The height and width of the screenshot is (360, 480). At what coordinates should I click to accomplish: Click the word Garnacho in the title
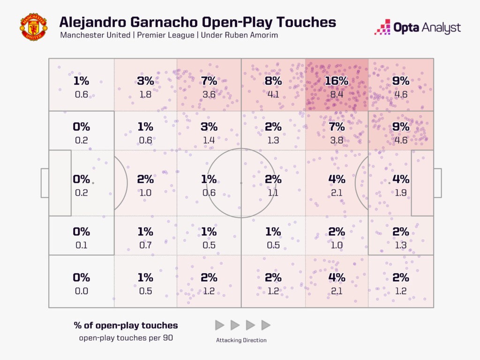[x=167, y=22]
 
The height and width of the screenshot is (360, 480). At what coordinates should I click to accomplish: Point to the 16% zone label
[x=337, y=81]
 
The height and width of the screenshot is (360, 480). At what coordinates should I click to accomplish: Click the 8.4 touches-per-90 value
[x=337, y=94]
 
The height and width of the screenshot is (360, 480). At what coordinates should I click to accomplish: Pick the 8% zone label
[x=273, y=81]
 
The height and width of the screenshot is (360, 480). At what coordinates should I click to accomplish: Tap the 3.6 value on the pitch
[x=209, y=94]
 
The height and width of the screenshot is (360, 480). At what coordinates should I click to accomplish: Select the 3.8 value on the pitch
[x=337, y=140]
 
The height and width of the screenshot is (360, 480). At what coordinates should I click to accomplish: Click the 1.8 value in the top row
[x=145, y=94]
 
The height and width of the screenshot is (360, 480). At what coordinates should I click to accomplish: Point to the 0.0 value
[x=82, y=291]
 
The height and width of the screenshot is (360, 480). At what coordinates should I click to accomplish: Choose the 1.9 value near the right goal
[x=401, y=192]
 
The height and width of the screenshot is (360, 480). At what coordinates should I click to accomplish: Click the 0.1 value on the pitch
[x=82, y=245]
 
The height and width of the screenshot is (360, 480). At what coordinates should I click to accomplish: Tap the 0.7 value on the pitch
[x=145, y=245]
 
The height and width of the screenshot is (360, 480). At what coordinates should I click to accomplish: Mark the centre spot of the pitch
[x=241, y=183]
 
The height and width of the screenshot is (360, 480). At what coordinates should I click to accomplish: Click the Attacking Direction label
[x=241, y=340]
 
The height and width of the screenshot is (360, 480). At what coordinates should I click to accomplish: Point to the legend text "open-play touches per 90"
[x=126, y=338]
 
